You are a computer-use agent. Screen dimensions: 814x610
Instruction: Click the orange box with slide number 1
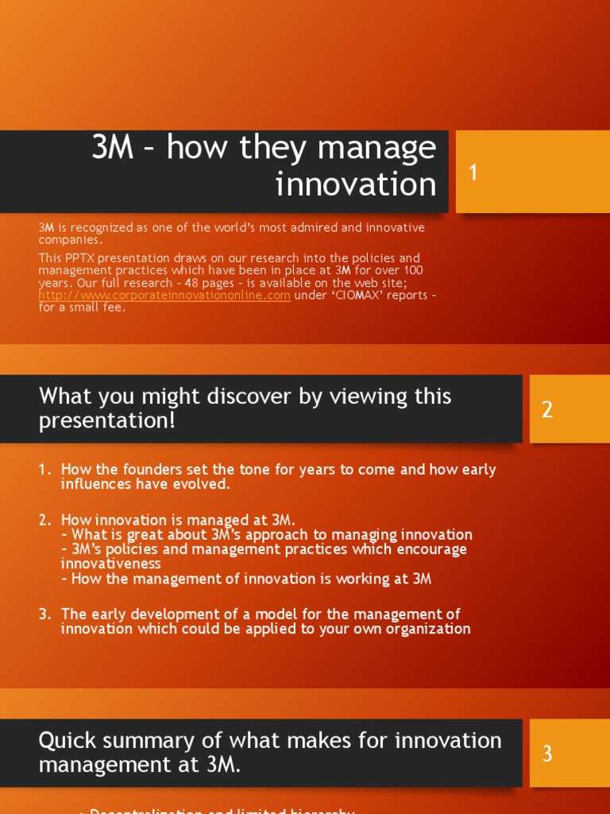(x=532, y=172)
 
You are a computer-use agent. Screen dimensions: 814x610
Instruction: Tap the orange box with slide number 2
(x=566, y=409)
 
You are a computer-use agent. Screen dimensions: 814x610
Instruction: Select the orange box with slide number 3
(x=569, y=754)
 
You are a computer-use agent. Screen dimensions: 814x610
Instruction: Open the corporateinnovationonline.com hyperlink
(x=164, y=296)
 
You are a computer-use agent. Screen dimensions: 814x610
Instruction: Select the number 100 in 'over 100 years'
(x=411, y=271)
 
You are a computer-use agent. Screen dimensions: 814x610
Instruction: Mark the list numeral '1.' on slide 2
(x=45, y=469)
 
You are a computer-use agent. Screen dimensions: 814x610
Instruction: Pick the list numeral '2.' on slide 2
(x=45, y=520)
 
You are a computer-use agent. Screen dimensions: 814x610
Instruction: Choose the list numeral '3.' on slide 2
(x=45, y=614)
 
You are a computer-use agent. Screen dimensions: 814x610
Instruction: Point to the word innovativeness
(x=110, y=564)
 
